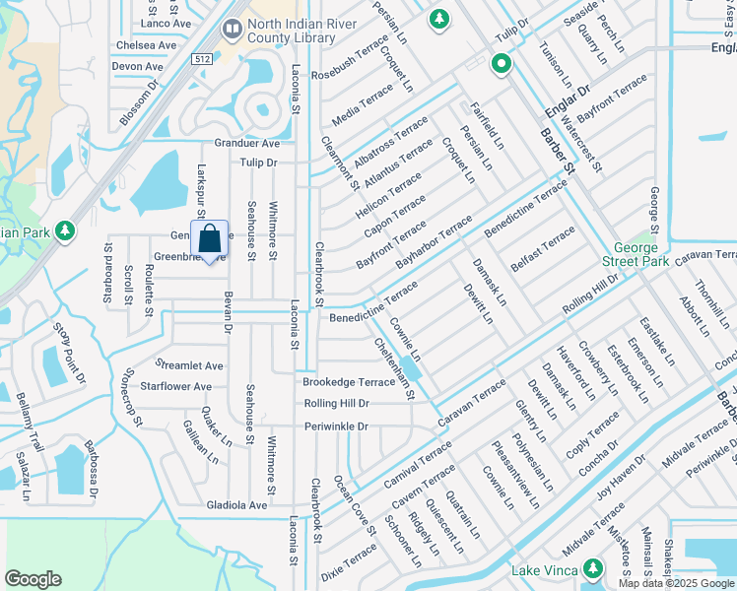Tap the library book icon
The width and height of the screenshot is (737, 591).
pyautogui.click(x=233, y=31)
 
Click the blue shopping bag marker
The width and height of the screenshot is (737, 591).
pyautogui.click(x=210, y=239)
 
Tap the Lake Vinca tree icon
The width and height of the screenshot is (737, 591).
pyautogui.click(x=593, y=568)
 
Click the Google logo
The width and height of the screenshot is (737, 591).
pyautogui.click(x=33, y=579)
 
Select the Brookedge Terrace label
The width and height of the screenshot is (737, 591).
pyautogui.click(x=349, y=382)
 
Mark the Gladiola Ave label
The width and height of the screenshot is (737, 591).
pyautogui.click(x=236, y=505)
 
